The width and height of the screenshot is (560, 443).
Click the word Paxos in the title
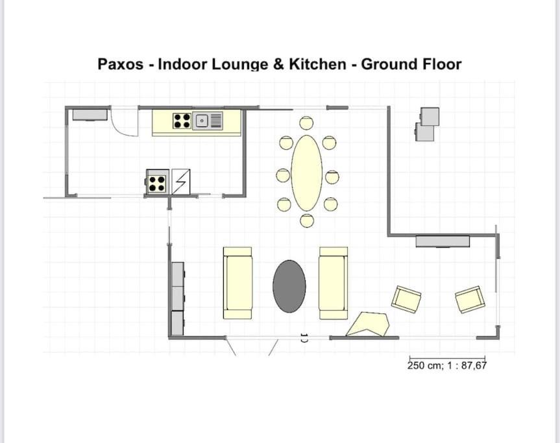click(x=120, y=64)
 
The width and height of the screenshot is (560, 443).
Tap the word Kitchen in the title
click(x=317, y=64)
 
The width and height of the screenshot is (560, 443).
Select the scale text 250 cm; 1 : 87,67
click(x=447, y=365)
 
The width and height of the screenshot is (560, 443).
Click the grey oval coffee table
click(x=289, y=286)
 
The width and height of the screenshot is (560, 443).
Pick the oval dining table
click(x=307, y=173)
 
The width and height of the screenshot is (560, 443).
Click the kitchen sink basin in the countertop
click(x=202, y=121)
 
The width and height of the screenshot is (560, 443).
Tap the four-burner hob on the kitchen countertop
click(x=182, y=121)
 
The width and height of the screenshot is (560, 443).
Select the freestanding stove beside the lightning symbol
click(x=157, y=182)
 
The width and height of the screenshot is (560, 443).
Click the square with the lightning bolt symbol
click(x=181, y=182)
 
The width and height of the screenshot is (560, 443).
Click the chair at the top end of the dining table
click(x=306, y=123)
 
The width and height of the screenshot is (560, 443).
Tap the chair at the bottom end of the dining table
click(x=307, y=221)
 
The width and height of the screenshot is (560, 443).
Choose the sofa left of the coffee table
click(x=237, y=283)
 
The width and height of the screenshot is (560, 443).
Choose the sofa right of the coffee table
click(x=334, y=283)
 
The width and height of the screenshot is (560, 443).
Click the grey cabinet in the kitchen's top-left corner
click(x=90, y=115)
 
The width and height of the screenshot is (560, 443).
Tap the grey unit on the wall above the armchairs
click(x=443, y=241)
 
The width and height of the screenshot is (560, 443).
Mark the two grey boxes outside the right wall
click(x=428, y=125)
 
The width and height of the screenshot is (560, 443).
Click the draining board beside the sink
click(x=216, y=121)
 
